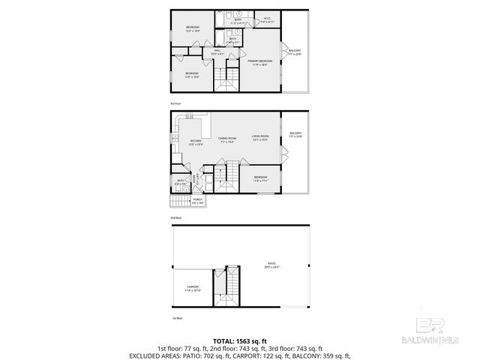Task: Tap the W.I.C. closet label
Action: point(267,19)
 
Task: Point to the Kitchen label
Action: point(196,142)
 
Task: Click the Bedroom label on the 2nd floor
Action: point(260,178)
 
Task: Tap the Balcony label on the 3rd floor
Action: point(295,52)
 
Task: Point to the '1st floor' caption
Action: point(177,318)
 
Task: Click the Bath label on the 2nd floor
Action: point(181,181)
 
